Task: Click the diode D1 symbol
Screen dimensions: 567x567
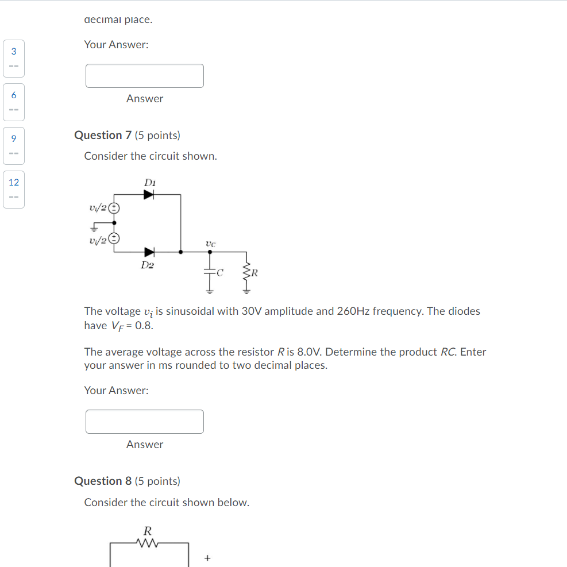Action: point(149,195)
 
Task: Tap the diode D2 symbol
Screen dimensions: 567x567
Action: point(149,252)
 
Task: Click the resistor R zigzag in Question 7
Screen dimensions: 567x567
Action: point(247,273)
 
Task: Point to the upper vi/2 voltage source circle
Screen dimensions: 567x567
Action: point(115,207)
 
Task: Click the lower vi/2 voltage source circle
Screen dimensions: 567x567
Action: point(115,238)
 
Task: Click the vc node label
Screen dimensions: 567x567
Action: point(210,244)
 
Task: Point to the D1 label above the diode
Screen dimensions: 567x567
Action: point(149,182)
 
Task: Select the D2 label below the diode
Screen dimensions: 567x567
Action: point(148,265)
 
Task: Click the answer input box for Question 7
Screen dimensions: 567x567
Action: point(145,422)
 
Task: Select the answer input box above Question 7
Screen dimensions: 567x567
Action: point(145,76)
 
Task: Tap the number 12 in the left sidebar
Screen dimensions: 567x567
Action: point(14,183)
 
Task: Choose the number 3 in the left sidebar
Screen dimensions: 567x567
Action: point(14,51)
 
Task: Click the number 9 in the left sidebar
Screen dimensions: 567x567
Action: point(14,138)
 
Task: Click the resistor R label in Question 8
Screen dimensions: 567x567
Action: point(148,530)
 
